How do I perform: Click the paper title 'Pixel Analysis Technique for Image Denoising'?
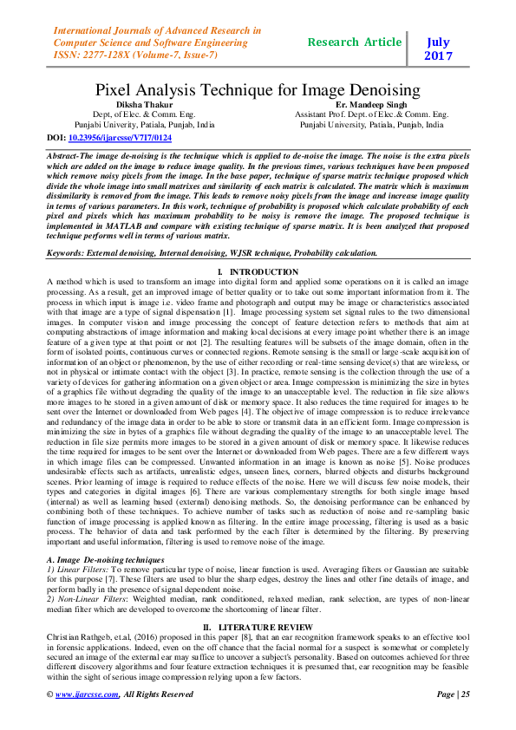point(257,89)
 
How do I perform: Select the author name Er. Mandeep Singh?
point(371,104)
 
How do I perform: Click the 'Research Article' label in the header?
point(355,41)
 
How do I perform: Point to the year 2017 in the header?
point(439,56)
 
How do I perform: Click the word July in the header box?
point(439,41)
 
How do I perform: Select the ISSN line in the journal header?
point(135,55)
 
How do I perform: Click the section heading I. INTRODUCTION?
point(257,272)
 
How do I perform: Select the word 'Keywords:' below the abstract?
point(66,253)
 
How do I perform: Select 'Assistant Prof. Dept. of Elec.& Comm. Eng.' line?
point(371,114)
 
